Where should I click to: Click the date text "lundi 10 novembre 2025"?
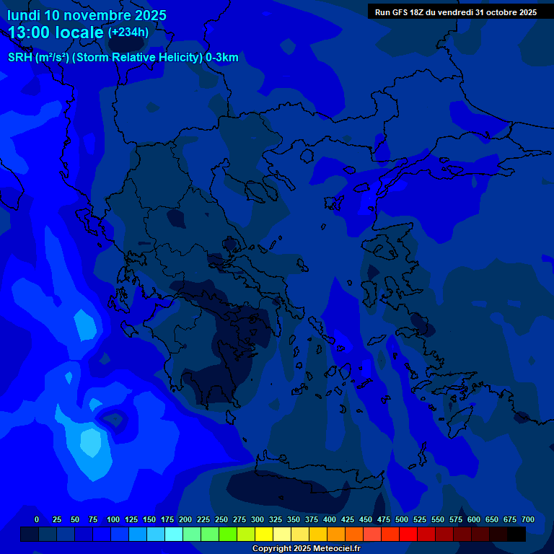(x=87, y=15)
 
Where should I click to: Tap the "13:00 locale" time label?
(x=56, y=32)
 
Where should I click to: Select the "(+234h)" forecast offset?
(x=128, y=32)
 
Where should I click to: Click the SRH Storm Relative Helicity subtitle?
(x=123, y=58)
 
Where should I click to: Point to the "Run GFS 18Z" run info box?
(x=455, y=12)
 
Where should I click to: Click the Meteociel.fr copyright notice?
(x=306, y=548)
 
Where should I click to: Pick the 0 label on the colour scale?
(x=37, y=519)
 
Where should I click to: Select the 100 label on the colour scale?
(x=113, y=519)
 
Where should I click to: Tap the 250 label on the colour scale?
(x=221, y=519)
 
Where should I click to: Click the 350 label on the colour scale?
(x=294, y=519)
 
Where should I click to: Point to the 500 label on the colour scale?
(x=402, y=519)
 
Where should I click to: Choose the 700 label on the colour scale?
(x=528, y=519)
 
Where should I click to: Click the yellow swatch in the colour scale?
(x=264, y=534)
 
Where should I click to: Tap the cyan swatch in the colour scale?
(x=174, y=534)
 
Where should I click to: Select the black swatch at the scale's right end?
(x=516, y=534)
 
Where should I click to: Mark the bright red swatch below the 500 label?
(x=408, y=534)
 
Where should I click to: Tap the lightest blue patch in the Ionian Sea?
(x=91, y=441)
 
